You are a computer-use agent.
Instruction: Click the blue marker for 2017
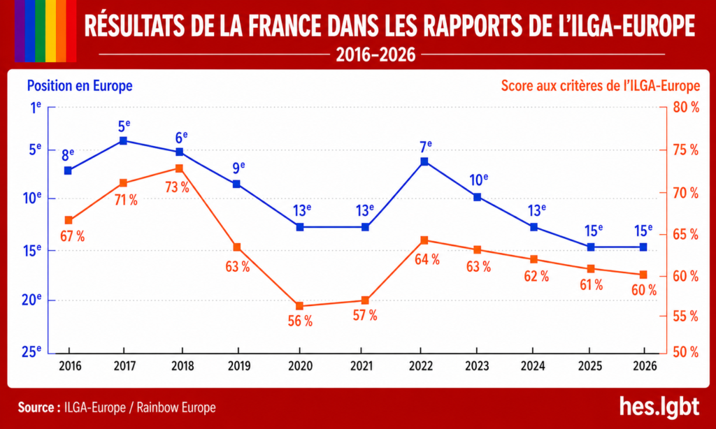click(x=123, y=140)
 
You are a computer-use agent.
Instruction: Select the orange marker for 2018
click(x=179, y=168)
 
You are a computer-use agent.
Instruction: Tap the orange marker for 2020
click(x=299, y=306)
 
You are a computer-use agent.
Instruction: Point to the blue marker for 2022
click(x=424, y=161)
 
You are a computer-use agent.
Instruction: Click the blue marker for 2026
click(x=643, y=247)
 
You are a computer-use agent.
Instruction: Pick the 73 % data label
click(x=177, y=187)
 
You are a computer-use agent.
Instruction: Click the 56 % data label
click(x=300, y=321)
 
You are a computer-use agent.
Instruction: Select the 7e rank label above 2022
click(x=426, y=147)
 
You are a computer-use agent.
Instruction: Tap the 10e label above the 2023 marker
click(x=478, y=180)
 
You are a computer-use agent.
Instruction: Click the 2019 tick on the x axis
click(x=239, y=366)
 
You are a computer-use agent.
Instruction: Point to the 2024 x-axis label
click(x=533, y=366)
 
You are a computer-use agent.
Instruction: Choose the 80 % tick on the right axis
click(x=686, y=108)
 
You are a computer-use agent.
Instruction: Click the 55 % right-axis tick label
click(x=686, y=317)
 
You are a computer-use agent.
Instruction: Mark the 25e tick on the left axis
click(x=31, y=351)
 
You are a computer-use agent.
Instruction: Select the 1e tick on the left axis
click(x=36, y=108)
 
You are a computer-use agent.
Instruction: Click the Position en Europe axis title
click(x=80, y=86)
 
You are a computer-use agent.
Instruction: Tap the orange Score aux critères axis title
click(x=601, y=86)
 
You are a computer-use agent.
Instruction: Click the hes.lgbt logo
click(x=659, y=406)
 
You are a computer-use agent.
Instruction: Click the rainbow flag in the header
click(x=45, y=31)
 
